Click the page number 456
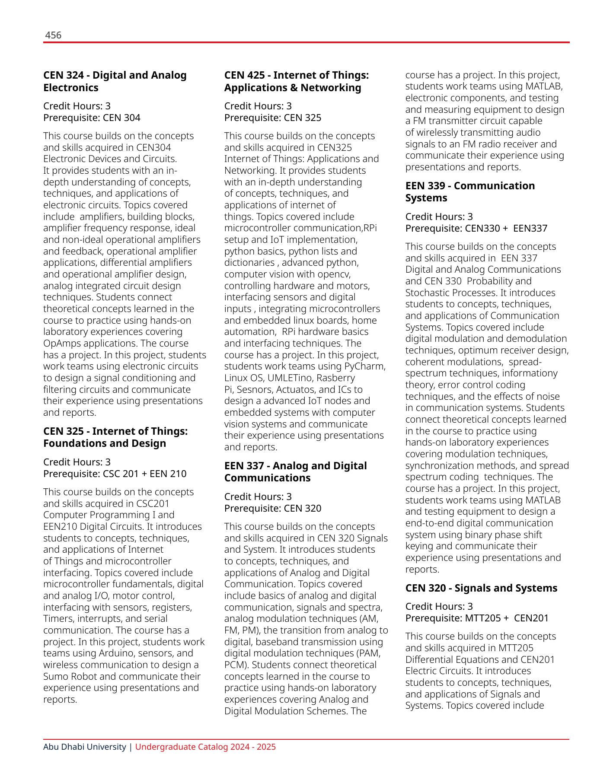click(x=53, y=35)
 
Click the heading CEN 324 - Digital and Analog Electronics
click(x=115, y=81)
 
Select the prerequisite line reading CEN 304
click(x=92, y=118)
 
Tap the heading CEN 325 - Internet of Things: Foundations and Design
click(x=115, y=437)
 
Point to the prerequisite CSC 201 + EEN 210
click(x=115, y=474)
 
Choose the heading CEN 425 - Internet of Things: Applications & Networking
click(x=297, y=81)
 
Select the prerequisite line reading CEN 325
click(x=273, y=118)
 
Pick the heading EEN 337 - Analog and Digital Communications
click(x=295, y=472)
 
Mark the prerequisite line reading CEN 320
click(x=273, y=509)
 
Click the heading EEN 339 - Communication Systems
click(x=470, y=192)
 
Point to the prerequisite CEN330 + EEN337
click(x=476, y=229)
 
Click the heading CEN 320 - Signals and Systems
click(x=481, y=588)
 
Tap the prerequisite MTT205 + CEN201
click(x=477, y=618)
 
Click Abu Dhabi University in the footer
click(x=85, y=747)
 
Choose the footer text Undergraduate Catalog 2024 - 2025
click(x=205, y=747)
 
